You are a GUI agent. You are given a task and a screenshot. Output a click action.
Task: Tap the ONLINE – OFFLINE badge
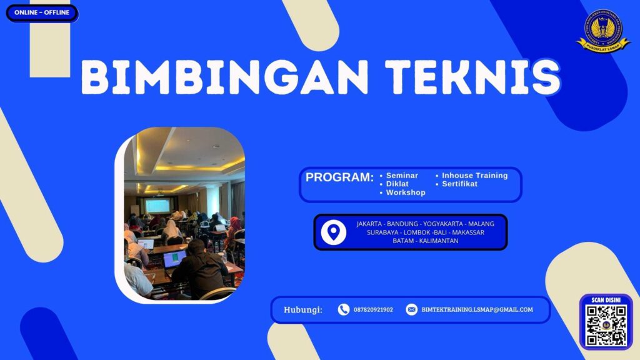coord(42,12)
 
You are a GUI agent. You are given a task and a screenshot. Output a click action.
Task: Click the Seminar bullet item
coord(402,176)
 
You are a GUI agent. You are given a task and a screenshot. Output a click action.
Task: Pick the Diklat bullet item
coord(397,184)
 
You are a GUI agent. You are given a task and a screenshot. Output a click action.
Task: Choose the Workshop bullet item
coord(405,193)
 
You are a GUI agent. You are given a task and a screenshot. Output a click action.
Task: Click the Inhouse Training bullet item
coord(474,176)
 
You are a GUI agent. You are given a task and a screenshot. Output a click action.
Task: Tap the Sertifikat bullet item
coord(459,184)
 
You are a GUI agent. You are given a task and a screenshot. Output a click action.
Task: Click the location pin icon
coord(334,232)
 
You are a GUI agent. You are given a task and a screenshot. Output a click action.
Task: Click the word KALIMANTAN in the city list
coord(437,241)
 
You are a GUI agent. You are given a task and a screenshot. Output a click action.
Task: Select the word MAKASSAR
coord(466,232)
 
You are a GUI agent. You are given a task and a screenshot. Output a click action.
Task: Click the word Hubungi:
coord(303,310)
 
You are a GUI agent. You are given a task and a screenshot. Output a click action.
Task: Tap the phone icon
coord(343,309)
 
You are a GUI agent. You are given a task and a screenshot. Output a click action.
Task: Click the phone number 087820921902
coord(373,310)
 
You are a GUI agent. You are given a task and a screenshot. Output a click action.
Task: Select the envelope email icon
coord(411,309)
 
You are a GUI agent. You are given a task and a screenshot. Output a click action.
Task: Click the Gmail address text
coord(477,310)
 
